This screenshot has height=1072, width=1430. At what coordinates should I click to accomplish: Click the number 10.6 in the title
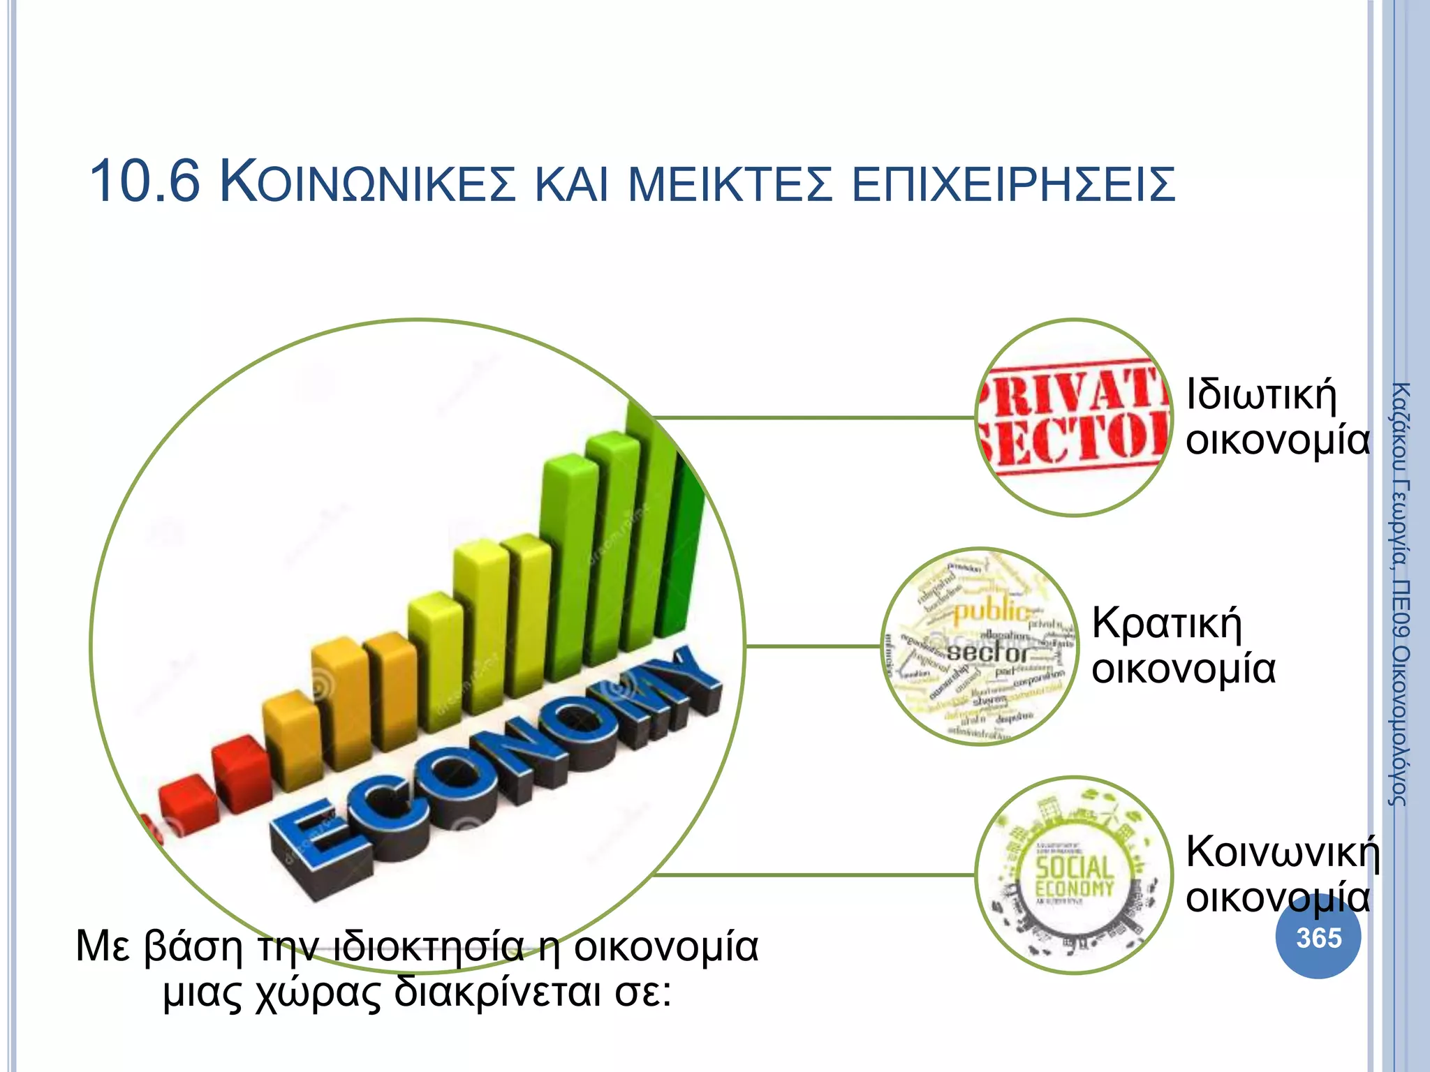pyautogui.click(x=145, y=182)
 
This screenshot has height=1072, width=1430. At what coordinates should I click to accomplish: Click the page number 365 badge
pyautogui.click(x=1318, y=937)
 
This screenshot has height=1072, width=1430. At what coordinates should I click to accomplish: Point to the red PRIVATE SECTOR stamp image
pyautogui.click(x=1074, y=417)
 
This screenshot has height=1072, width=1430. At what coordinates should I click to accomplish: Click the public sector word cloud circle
pyautogui.click(x=980, y=646)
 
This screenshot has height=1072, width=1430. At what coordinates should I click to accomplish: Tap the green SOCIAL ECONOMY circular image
pyautogui.click(x=1074, y=875)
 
